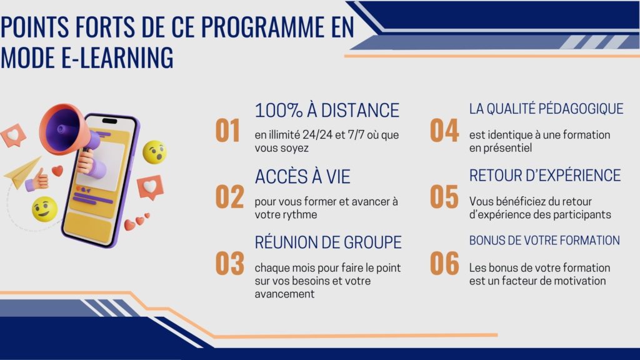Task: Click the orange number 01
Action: pos(227,131)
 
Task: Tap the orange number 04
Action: pos(444,131)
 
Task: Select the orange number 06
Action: pos(444,263)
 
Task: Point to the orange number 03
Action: pos(230,263)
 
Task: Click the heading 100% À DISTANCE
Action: pos(327,110)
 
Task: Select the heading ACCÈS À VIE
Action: pos(302,177)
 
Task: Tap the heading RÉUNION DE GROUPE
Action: pos(328,242)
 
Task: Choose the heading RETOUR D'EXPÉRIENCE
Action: pos(545,176)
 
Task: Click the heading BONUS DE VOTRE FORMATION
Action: pos(544,241)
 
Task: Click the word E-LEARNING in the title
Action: pos(117,57)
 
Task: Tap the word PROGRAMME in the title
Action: pos(262,26)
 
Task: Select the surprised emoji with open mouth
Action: pos(155,152)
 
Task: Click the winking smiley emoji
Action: pos(44,209)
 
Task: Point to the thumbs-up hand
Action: pos(37,180)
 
